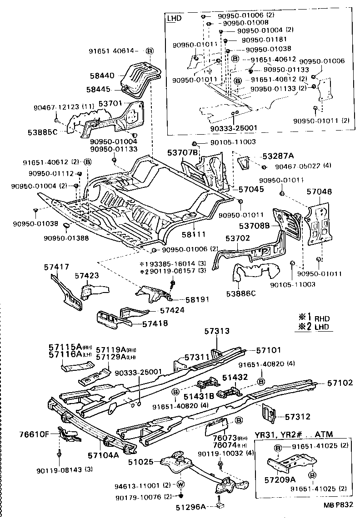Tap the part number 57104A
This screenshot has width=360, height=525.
(104, 454)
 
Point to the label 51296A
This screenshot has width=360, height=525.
(191, 506)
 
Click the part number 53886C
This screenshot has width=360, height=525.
(240, 293)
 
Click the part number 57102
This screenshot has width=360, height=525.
(340, 383)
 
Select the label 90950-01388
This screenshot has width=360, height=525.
(67, 237)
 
